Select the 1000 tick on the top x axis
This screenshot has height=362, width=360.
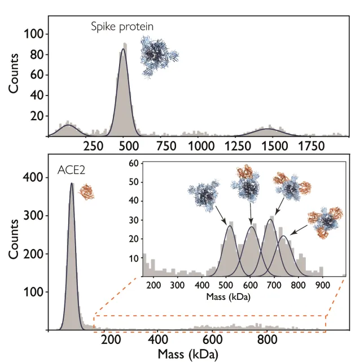[x=200, y=146]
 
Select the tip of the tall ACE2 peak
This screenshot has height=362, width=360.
[x=72, y=183]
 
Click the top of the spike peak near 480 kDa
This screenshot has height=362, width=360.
[x=123, y=49]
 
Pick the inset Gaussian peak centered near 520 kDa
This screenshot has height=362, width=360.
[x=230, y=226]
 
